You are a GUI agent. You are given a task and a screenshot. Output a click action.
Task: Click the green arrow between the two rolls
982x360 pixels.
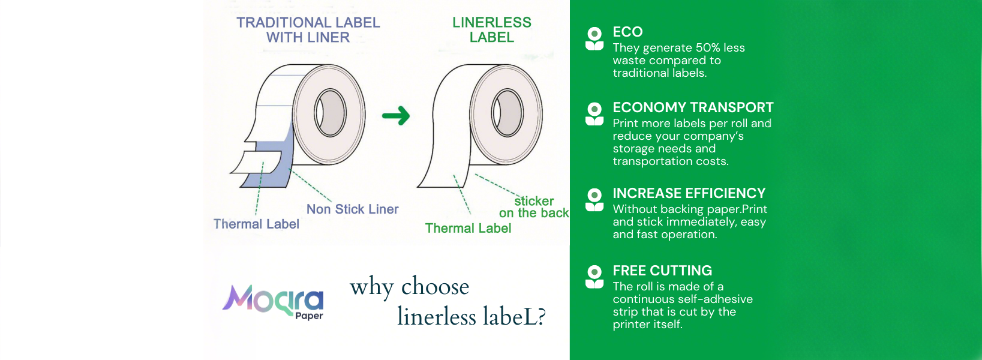[397, 116]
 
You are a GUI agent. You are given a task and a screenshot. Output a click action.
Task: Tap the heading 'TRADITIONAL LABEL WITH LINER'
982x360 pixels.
[308, 30]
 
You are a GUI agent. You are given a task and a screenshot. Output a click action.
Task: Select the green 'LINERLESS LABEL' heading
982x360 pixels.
[492, 30]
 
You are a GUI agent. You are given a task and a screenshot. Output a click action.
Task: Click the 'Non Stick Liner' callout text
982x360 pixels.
[353, 209]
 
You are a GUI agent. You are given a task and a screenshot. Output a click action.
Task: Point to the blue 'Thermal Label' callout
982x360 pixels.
[257, 224]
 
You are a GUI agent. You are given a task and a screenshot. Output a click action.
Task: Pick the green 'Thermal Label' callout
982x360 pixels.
[468, 228]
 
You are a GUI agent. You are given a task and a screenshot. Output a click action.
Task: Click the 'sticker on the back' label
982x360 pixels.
[534, 207]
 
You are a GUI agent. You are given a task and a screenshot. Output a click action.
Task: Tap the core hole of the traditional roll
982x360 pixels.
[330, 113]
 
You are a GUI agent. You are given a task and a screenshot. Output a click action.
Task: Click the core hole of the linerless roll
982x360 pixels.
[507, 113]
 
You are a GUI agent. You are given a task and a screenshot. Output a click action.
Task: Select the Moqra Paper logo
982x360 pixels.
[273, 302]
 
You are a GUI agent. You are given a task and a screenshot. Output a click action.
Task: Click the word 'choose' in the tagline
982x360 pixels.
[435, 287]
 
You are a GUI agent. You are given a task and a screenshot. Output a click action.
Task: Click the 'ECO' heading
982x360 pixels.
[628, 32]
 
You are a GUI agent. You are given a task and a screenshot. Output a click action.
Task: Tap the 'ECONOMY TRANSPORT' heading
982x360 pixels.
[693, 107]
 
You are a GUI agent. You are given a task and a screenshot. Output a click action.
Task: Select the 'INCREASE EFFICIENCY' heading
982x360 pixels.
[689, 193]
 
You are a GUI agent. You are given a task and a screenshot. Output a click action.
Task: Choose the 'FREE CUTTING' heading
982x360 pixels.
[662, 271]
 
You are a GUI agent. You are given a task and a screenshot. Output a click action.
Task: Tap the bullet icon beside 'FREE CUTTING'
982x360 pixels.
[594, 277]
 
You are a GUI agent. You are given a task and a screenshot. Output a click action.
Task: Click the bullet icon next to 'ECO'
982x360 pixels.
[594, 38]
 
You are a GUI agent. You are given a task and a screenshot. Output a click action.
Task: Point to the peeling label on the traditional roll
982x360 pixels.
[257, 162]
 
